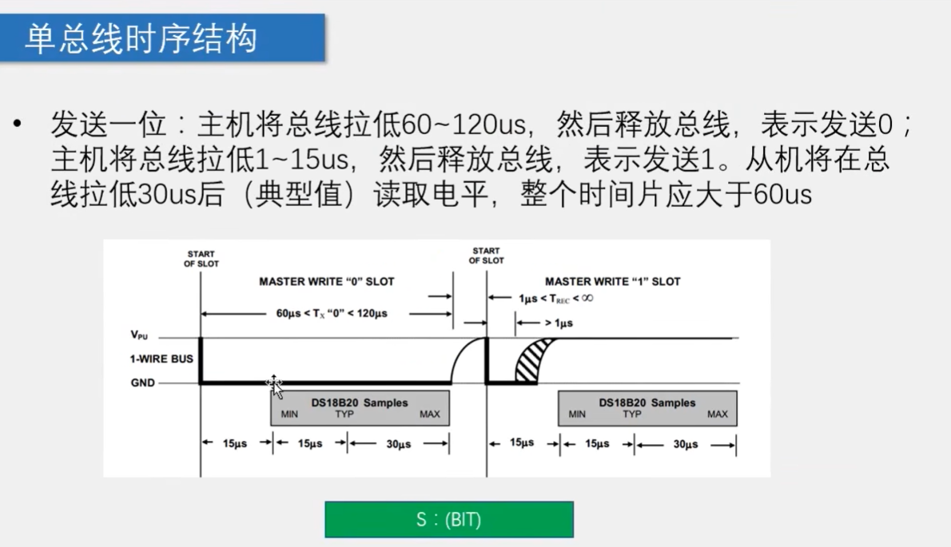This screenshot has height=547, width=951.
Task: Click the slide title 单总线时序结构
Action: [x=141, y=38]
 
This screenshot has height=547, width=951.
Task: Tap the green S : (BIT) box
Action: [x=448, y=520]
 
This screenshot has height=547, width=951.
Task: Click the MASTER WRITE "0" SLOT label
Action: [x=327, y=282]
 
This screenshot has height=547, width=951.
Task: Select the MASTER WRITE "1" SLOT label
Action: [x=612, y=282]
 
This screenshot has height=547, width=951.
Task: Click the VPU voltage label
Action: [x=139, y=337]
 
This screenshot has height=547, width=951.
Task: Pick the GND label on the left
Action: [x=142, y=383]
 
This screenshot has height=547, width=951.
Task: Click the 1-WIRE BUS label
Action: [x=161, y=359]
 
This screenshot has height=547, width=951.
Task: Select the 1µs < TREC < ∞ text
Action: [x=555, y=298]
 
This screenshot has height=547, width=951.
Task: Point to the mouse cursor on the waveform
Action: [x=274, y=386]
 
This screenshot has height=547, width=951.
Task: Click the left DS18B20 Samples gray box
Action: [x=360, y=408]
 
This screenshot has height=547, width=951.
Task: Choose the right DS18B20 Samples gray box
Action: [x=647, y=408]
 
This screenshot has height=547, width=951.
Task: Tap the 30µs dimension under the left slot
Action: [x=398, y=445]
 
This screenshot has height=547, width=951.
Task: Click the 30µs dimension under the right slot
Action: [x=685, y=445]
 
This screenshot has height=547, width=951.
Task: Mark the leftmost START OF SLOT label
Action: [x=201, y=259]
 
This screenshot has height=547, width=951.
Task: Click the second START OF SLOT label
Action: [x=486, y=256]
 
